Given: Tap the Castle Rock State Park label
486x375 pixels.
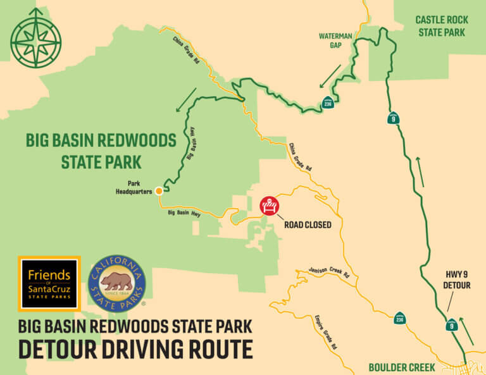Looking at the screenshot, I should click(x=441, y=25).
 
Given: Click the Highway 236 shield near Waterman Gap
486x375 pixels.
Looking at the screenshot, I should click(x=327, y=102).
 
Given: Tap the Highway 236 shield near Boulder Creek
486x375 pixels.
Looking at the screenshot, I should click(x=399, y=318).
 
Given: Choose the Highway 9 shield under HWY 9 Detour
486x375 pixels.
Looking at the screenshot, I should click(x=451, y=325).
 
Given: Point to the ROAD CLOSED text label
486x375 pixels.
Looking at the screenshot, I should click(x=308, y=224).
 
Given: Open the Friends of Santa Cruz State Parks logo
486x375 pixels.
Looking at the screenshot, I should click(x=49, y=283).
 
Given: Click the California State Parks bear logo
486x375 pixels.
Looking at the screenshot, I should click(x=116, y=283).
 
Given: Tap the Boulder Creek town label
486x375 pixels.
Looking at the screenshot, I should click(x=402, y=367).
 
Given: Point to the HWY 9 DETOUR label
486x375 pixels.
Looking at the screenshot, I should click(x=457, y=280).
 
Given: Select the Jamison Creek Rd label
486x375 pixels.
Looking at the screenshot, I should click(x=329, y=272).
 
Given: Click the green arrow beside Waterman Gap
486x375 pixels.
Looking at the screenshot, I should click(x=330, y=75).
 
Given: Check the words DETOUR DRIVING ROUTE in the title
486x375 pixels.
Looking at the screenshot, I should click(x=135, y=350).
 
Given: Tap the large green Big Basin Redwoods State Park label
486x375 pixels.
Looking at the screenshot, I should click(x=101, y=151).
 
